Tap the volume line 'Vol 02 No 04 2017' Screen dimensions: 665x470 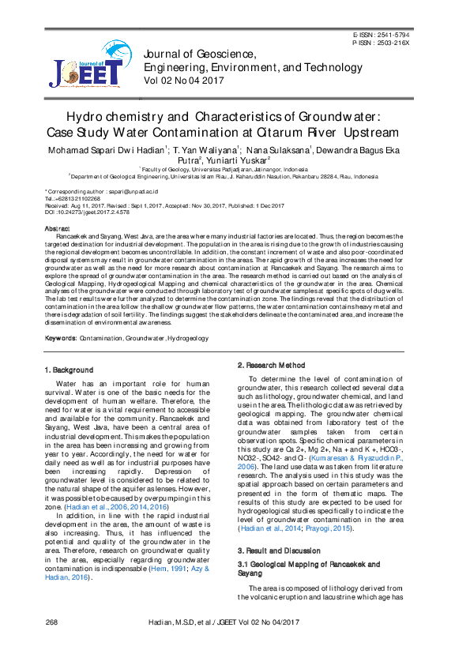click(184, 81)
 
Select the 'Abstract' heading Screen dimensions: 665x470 click(58, 228)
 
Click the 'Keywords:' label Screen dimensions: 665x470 click(61, 337)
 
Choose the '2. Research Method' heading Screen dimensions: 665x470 click(271, 365)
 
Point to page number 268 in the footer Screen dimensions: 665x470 click(51, 646)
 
